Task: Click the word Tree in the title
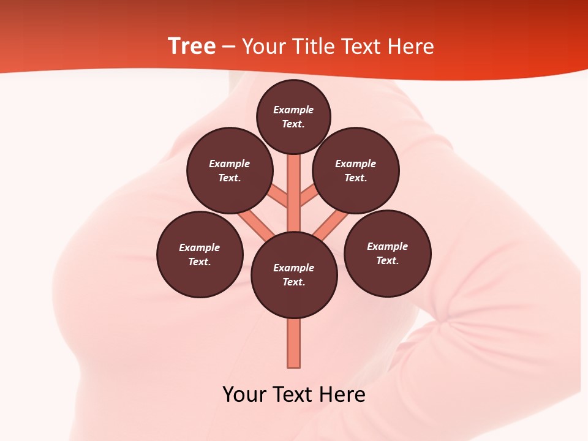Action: (x=192, y=47)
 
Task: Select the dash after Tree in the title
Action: (x=228, y=47)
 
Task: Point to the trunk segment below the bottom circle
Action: (x=294, y=343)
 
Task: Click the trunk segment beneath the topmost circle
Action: (x=294, y=184)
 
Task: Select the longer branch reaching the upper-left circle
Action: (x=254, y=223)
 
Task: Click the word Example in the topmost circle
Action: (x=293, y=110)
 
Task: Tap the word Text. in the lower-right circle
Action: (x=387, y=260)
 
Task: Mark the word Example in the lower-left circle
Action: (x=199, y=247)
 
